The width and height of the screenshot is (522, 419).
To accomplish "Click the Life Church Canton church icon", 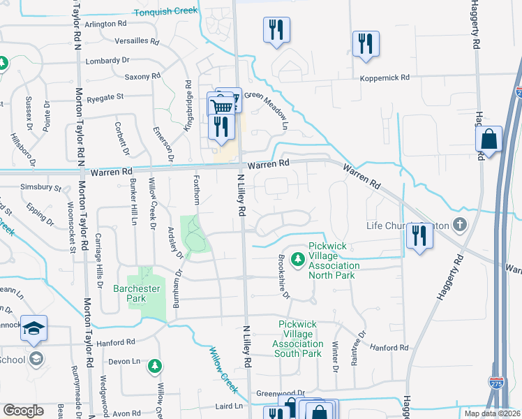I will [459, 226].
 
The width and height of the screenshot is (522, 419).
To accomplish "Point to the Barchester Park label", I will [137, 293].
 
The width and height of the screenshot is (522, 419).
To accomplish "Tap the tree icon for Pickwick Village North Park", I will [298, 259].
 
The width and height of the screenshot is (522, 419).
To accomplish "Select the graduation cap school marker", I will [33, 328].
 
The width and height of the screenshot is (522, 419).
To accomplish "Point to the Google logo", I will [23, 411].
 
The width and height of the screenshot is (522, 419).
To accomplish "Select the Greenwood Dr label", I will [281, 393].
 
